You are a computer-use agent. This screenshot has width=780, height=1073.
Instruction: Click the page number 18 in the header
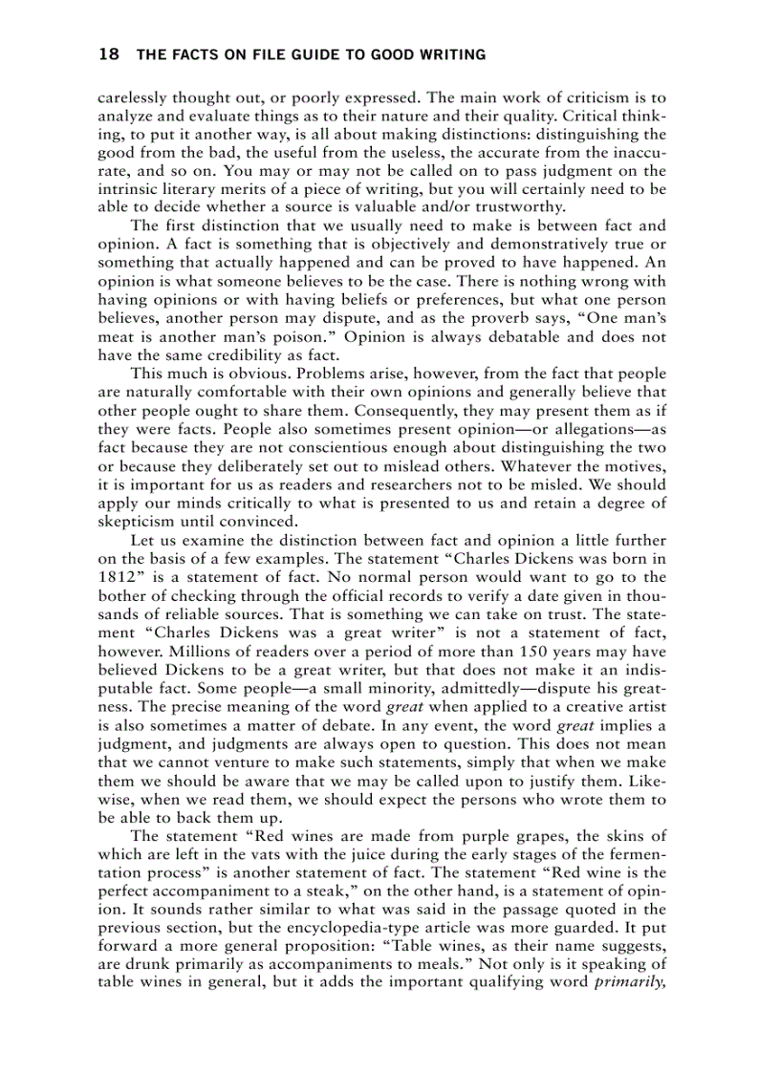click(x=108, y=55)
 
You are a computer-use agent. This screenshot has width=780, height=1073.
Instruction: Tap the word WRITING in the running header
click(x=450, y=55)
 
